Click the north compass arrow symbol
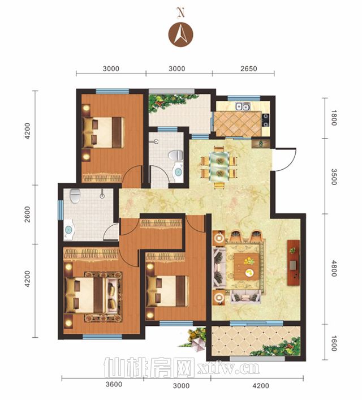click(180, 35)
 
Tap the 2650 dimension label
click(248, 68)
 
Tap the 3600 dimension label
click(114, 384)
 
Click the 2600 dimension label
click(27, 214)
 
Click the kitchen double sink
click(242, 106)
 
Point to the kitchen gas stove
click(265, 120)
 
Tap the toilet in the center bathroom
click(176, 156)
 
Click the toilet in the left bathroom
click(75, 196)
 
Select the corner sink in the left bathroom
click(69, 230)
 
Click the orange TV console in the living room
click(293, 263)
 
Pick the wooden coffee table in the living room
click(247, 267)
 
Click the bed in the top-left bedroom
click(103, 132)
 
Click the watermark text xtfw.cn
click(229, 368)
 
